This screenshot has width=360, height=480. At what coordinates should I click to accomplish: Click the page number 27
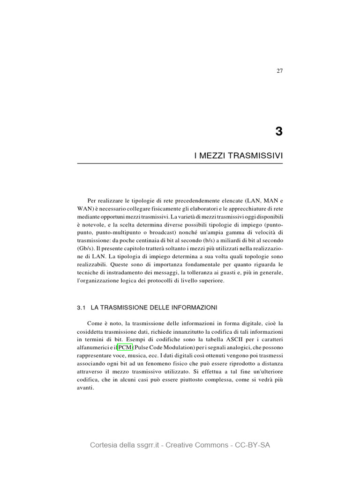tap(279, 71)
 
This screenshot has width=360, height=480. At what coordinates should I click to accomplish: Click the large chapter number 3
tap(279, 132)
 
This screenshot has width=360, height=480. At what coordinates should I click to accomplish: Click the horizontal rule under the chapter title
tap(180, 164)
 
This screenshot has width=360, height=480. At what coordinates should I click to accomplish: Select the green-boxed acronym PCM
tap(125, 347)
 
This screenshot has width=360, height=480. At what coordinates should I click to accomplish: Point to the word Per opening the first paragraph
tap(93, 200)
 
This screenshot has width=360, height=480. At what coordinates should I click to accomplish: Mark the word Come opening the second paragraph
tap(96, 323)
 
